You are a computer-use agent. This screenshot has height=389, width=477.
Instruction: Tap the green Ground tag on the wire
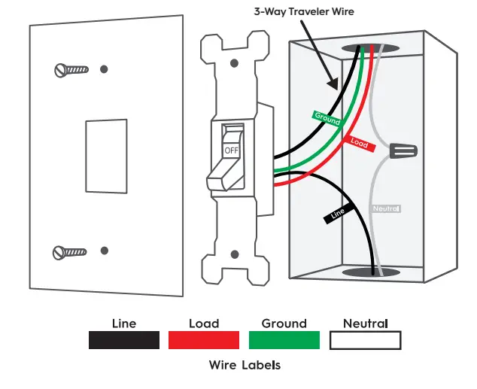coord(327,118)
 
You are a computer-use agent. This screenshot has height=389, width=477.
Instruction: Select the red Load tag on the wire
coord(360,141)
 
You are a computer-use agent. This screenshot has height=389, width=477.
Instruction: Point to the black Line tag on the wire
coord(338,214)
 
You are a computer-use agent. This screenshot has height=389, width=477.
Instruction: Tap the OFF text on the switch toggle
coord(231,150)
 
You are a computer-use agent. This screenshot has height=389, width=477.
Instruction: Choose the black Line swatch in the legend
coord(124,340)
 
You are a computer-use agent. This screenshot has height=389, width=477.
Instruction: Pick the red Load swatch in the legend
coord(204,340)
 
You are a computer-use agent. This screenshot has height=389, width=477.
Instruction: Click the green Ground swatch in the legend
coord(284,340)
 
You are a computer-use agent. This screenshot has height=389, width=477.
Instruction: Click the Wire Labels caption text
coord(245,366)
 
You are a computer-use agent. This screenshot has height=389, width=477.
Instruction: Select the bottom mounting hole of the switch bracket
coord(235,255)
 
